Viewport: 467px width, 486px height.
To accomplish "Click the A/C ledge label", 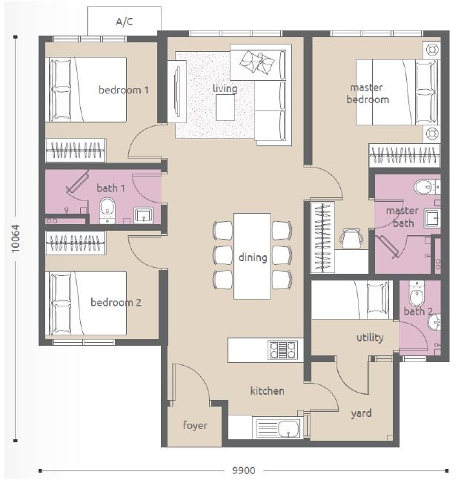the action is coord(125,22).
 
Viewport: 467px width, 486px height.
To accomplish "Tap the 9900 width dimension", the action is coord(244,470).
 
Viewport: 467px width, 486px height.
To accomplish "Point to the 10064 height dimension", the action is coord(16,238).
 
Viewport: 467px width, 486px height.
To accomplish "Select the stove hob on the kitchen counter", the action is coord(282,349).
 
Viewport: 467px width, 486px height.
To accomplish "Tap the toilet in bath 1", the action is coord(107,211).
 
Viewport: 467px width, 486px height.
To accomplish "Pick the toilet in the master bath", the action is coord(427,187).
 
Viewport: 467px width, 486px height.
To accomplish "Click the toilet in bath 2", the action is coord(417,294).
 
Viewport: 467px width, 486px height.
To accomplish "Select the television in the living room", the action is coord(177,91).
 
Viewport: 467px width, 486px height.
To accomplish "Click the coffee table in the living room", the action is coord(225,108).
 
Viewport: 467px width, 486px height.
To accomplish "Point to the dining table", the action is coord(252,256).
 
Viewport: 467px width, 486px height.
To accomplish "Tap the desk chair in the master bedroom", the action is coord(351,238).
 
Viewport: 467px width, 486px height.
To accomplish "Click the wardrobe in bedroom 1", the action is coord(76,151).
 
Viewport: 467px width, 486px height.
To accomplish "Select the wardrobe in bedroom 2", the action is coord(76,243).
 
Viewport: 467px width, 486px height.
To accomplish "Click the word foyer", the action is coord(195,425).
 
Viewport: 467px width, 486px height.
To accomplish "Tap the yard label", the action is coord(361,413).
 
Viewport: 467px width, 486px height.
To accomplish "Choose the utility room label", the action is coord(370,338).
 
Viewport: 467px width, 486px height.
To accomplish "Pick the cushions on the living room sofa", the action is coord(257,62).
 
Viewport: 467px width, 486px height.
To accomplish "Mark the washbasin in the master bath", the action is coord(432,217).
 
